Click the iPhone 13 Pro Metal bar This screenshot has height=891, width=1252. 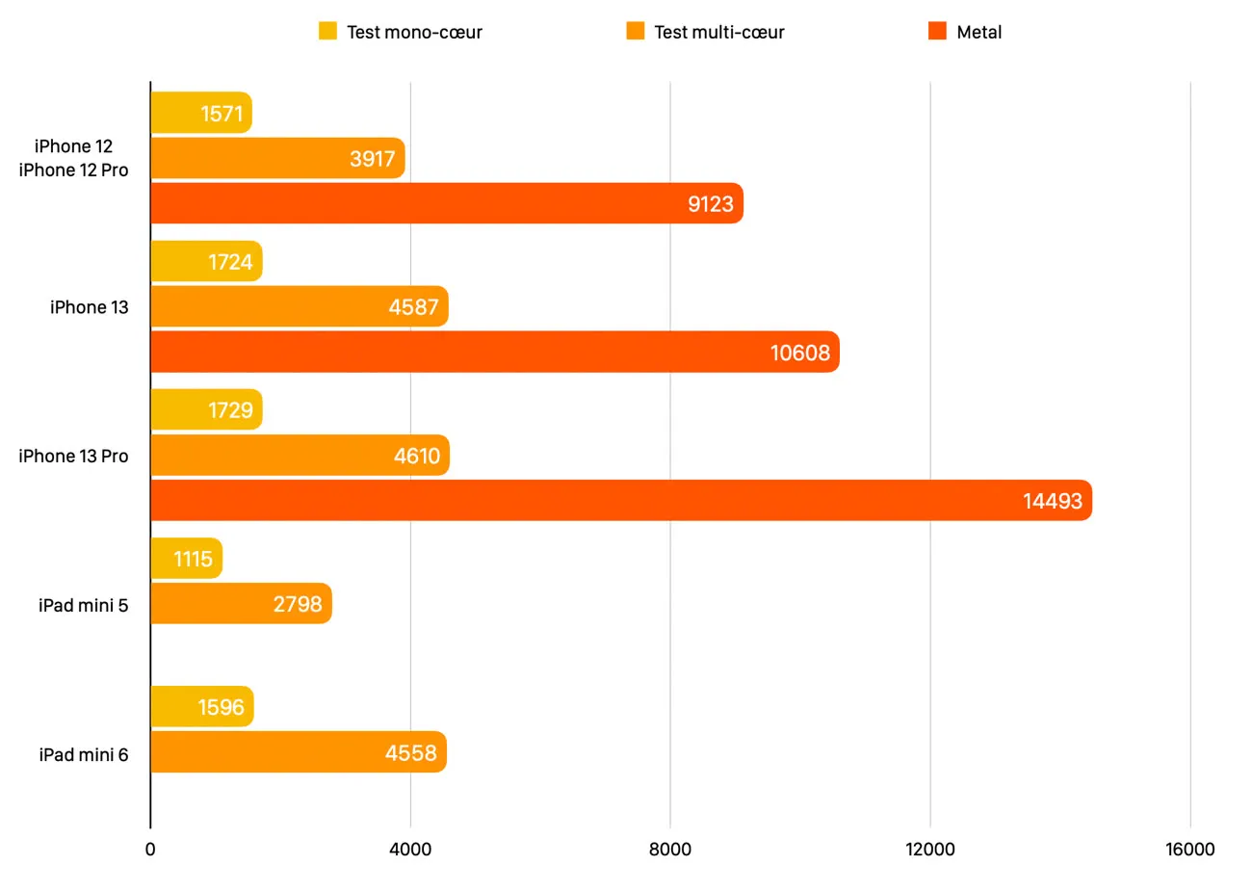(x=621, y=500)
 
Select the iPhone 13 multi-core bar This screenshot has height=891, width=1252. (x=299, y=306)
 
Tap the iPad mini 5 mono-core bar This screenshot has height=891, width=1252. (x=186, y=559)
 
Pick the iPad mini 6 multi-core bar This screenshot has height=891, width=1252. (x=298, y=752)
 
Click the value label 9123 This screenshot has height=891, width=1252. (x=710, y=204)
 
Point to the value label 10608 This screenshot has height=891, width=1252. (x=799, y=353)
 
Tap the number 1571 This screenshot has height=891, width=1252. (x=222, y=114)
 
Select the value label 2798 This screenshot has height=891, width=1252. (x=297, y=604)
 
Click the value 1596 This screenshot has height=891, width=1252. (x=221, y=707)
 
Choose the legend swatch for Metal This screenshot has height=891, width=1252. (x=937, y=31)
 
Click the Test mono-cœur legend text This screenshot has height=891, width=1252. (x=414, y=32)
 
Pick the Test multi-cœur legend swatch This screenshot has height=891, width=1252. (x=635, y=31)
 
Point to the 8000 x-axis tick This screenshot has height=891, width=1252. (x=669, y=849)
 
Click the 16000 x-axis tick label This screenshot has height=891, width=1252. (x=1189, y=849)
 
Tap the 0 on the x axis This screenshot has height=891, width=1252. (x=150, y=849)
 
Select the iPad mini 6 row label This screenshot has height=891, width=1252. (x=83, y=754)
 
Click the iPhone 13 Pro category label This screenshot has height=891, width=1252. (x=73, y=456)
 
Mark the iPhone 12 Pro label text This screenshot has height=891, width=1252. (x=73, y=170)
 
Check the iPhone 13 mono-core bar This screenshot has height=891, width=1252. (x=206, y=261)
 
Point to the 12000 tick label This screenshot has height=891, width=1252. (x=930, y=849)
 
